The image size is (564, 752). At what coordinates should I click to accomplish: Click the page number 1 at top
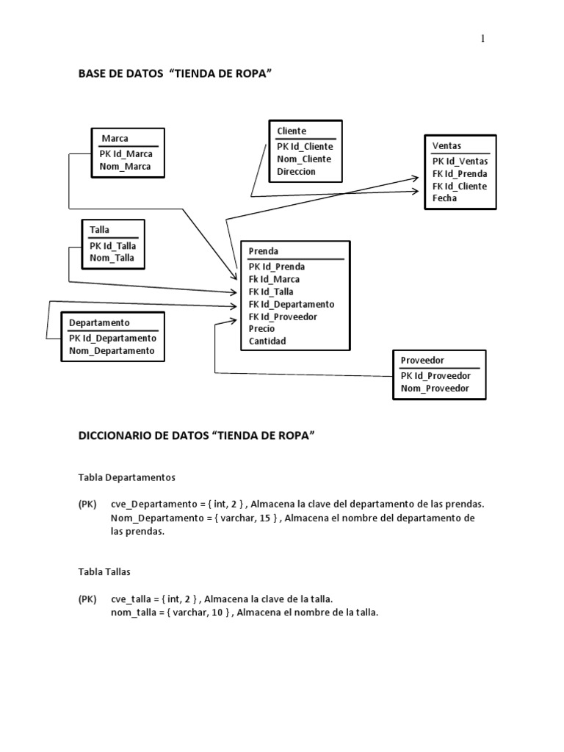click(482, 39)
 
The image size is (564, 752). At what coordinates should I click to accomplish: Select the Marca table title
click(115, 138)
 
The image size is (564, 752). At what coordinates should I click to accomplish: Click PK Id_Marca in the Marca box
click(126, 154)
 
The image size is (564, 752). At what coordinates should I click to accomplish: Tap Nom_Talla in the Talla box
click(112, 258)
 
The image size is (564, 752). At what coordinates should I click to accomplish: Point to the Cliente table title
click(292, 131)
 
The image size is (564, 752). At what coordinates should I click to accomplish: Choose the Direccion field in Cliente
click(296, 172)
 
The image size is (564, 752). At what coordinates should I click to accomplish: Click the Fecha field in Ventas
click(444, 198)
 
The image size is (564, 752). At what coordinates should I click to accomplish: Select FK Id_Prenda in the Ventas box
click(460, 174)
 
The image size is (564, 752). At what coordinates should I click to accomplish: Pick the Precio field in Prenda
click(261, 329)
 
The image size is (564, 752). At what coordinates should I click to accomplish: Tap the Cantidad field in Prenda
click(267, 341)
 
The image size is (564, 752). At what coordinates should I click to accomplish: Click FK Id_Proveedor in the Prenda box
click(283, 317)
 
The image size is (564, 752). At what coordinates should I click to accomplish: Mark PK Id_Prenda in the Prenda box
click(277, 267)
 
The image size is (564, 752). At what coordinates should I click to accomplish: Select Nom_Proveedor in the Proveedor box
click(435, 388)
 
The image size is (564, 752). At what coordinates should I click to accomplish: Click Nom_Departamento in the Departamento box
click(112, 351)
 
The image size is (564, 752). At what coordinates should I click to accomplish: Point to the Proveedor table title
click(422, 360)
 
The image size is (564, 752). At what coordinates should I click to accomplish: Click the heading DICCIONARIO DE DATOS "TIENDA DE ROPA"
click(196, 435)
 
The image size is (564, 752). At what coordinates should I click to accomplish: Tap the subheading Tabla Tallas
click(104, 571)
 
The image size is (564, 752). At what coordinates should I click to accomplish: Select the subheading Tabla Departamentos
click(126, 477)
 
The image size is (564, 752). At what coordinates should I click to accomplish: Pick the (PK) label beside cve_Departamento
click(87, 505)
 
